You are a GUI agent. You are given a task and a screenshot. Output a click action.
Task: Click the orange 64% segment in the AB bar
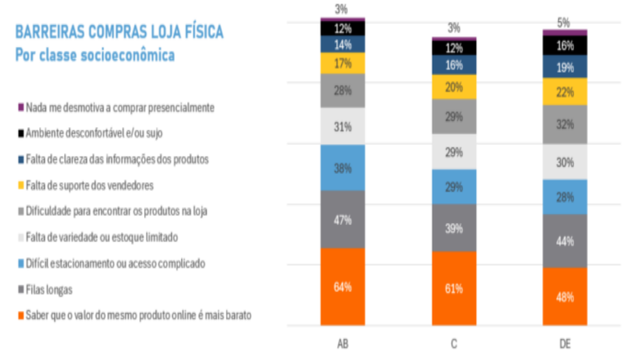tap(342, 287)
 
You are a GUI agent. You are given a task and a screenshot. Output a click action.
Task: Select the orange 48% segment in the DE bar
tap(564, 297)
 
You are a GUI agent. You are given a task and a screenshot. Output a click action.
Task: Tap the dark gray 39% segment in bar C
tap(454, 228)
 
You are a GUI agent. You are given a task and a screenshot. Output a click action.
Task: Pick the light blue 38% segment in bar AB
tap(342, 168)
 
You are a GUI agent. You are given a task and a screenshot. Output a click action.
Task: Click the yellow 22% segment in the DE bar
tap(564, 91)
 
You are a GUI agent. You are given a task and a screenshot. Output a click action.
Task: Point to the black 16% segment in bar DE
tap(564, 46)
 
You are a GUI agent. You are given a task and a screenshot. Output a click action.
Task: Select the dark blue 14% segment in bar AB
tap(342, 44)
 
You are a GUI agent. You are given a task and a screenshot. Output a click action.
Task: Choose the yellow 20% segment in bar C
tap(454, 87)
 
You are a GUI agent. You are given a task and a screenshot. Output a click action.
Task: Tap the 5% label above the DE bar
tap(564, 22)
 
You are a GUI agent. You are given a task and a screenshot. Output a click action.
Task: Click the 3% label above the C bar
tap(454, 28)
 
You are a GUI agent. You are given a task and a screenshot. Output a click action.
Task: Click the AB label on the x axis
tap(342, 344)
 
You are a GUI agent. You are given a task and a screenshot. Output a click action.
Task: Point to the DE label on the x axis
tap(564, 344)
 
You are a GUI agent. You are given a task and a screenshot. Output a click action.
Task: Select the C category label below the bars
tap(454, 344)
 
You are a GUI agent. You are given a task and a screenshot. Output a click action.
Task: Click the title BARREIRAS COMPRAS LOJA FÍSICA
tap(119, 32)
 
